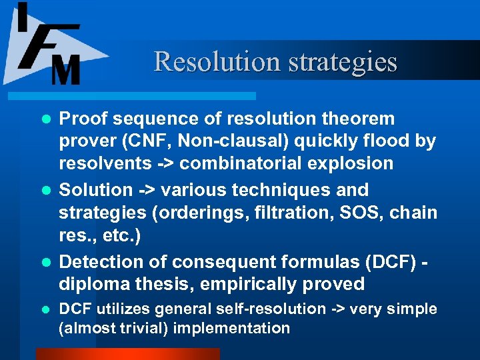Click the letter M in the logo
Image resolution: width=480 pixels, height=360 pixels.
[65, 69]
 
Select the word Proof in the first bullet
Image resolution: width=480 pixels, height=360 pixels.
[83, 119]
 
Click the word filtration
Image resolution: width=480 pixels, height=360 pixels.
[315, 213]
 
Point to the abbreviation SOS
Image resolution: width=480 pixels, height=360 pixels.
[383, 213]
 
